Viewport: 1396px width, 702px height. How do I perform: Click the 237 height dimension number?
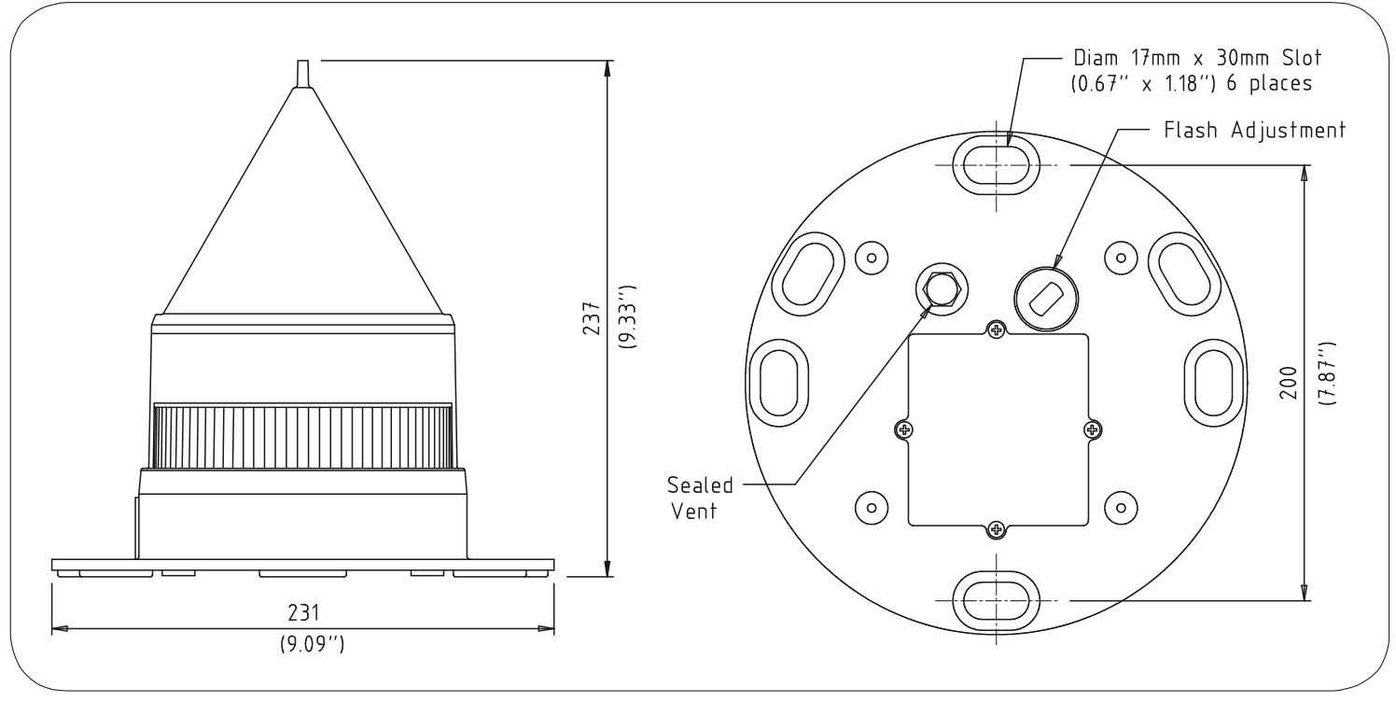(591, 318)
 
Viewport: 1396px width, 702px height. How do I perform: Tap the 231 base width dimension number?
(303, 612)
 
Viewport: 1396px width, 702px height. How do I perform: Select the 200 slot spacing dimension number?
(1288, 383)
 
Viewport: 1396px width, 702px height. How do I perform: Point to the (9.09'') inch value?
(312, 643)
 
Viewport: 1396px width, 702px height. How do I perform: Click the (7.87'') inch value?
(1328, 373)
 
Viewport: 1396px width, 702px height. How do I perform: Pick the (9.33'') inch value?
(627, 316)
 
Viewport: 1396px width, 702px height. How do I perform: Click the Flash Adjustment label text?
(1254, 130)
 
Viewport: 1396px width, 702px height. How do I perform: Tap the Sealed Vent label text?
(699, 498)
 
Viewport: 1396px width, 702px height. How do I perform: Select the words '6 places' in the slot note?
(1269, 83)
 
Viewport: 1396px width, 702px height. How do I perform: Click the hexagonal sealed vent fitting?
(942, 288)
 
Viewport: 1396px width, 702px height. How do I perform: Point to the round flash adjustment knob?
(1046, 299)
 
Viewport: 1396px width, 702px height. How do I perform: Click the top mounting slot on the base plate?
(996, 165)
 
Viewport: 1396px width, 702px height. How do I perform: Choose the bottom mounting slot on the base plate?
(996, 600)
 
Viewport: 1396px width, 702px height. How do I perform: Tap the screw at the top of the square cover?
(996, 330)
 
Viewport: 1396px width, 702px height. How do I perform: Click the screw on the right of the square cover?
(1091, 429)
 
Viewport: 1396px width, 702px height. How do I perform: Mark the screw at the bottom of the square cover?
(996, 530)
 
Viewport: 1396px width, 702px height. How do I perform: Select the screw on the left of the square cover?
(904, 429)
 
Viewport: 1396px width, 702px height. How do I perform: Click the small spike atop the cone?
(303, 74)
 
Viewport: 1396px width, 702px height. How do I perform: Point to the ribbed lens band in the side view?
(303, 436)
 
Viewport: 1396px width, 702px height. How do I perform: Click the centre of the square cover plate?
(998, 429)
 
